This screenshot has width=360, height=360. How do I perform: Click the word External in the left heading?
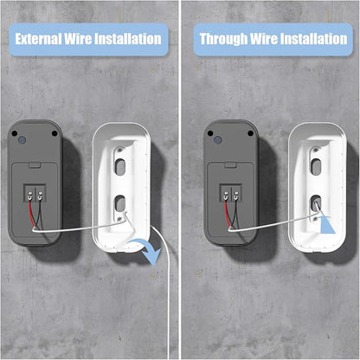(38, 39)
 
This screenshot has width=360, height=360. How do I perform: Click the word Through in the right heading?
(223, 39)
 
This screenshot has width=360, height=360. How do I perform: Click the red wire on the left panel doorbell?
(31, 214)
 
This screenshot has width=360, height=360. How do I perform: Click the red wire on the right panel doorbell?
(227, 214)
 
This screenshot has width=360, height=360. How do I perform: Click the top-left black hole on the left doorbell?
(14, 133)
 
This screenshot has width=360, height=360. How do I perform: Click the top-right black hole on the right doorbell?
(250, 133)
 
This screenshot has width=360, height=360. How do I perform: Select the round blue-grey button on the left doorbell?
(22, 140)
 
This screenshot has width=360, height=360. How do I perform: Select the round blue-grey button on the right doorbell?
(218, 140)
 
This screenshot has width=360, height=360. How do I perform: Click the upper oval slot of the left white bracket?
(120, 167)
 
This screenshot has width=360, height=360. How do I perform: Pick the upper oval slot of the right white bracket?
(316, 167)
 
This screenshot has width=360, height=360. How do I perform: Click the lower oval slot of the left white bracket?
(120, 203)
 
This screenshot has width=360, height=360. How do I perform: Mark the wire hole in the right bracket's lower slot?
(316, 202)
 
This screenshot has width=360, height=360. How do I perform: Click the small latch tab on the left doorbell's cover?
(35, 165)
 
